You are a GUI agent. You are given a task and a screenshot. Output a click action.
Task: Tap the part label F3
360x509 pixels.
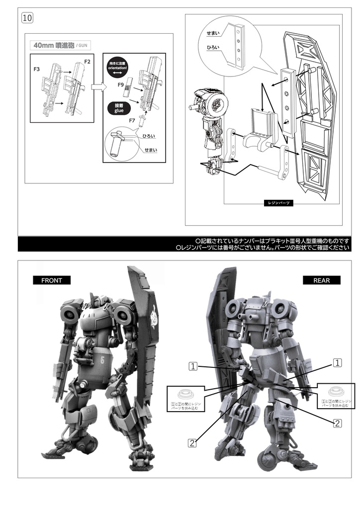tap(37, 69)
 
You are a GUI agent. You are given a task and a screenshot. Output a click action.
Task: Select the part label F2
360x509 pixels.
tap(87, 62)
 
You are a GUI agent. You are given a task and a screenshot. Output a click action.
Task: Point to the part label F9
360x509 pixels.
tap(121, 85)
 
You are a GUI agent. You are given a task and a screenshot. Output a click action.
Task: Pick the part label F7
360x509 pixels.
tap(132, 120)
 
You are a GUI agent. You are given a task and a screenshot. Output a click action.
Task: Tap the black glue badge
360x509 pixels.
tap(118, 108)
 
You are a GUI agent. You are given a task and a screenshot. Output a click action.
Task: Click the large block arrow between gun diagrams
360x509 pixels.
tap(96, 88)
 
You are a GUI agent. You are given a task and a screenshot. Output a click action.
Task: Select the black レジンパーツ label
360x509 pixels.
tap(278, 203)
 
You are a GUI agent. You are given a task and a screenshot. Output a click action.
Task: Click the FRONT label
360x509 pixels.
tap(52, 280)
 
